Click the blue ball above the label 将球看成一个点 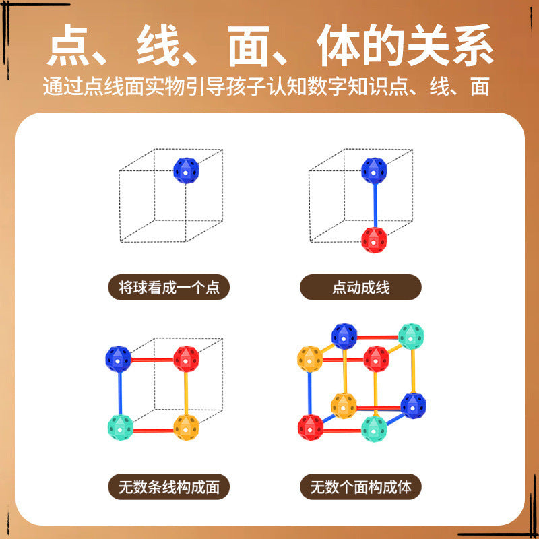(x=186, y=170)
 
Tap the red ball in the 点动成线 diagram (x=374, y=240)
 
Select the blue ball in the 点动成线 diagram (x=374, y=170)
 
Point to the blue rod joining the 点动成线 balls (x=375, y=205)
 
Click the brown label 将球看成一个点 (x=169, y=287)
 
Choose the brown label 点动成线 (x=360, y=287)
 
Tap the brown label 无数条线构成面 (x=169, y=486)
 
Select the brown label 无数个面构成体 (x=360, y=486)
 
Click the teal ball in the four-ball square (x=121, y=428)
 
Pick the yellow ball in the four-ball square (x=186, y=428)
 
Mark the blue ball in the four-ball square (x=118, y=359)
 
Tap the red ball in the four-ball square (x=186, y=359)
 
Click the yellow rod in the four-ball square (x=186, y=393)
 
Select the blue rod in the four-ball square (x=120, y=393)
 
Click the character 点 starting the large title (x=69, y=44)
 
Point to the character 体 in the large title (x=339, y=44)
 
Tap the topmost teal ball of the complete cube (x=411, y=336)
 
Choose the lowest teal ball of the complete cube (x=374, y=429)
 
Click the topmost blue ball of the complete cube (x=344, y=336)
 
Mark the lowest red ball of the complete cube (x=310, y=427)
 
